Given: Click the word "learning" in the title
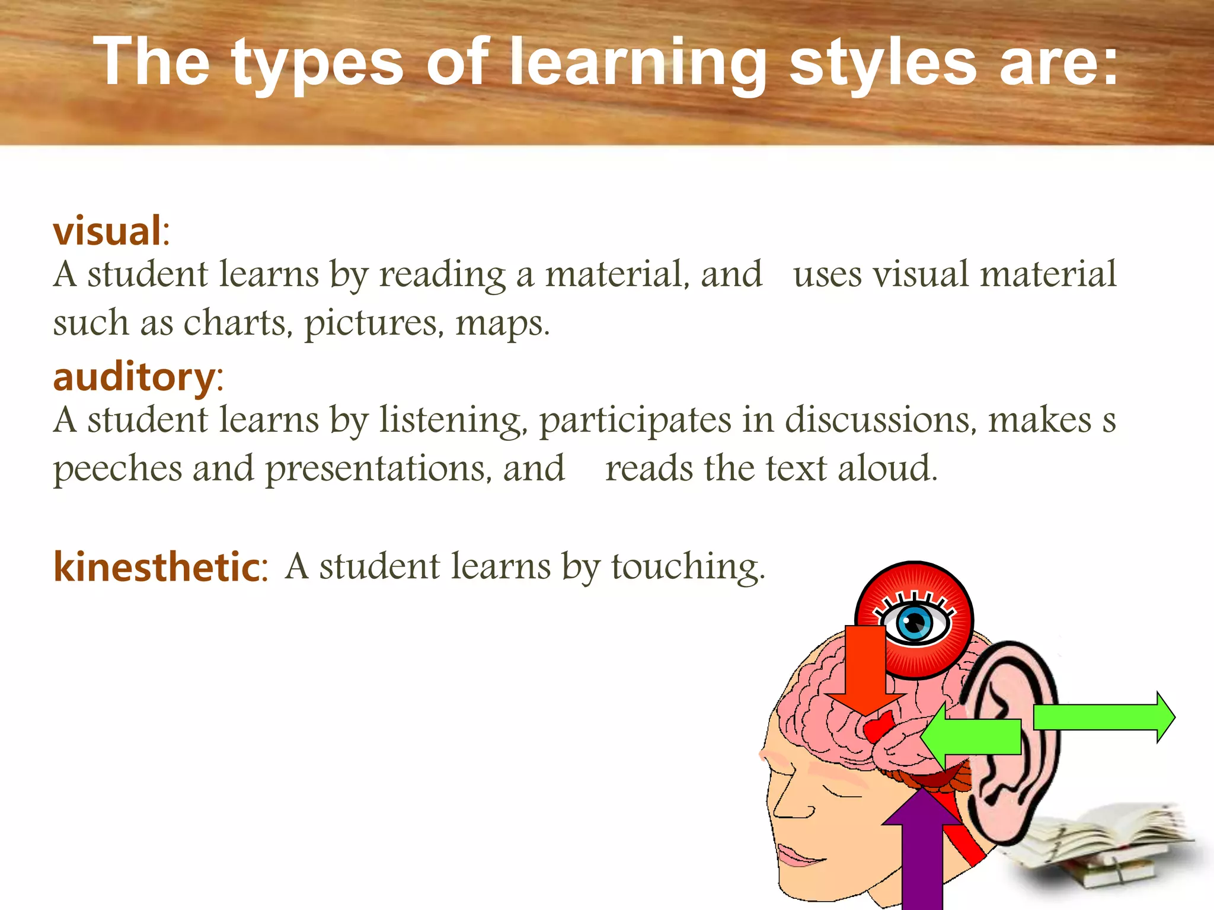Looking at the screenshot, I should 637,62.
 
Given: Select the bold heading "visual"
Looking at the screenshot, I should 107,230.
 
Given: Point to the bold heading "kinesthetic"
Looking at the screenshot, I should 157,567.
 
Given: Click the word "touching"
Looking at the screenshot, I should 688,566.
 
